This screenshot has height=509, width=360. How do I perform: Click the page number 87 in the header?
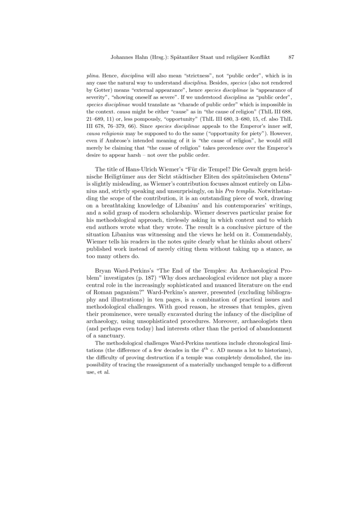[x=291, y=57]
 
